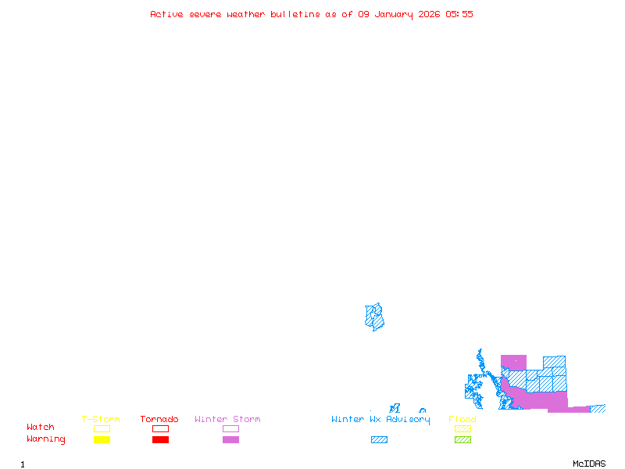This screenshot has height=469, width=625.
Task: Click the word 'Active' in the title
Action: point(166,14)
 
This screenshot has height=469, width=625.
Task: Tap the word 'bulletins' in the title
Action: point(295,14)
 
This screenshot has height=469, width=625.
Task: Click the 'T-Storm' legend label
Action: point(101,420)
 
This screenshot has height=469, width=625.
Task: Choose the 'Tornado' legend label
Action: point(159,420)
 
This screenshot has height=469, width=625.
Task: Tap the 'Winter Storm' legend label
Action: point(227,420)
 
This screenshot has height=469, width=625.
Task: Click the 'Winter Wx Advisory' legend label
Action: point(380,420)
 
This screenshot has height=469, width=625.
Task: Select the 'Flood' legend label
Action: point(462,420)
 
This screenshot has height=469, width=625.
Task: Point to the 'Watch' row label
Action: point(41,428)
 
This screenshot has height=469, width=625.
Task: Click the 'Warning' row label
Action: point(46,439)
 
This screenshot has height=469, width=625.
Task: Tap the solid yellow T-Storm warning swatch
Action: point(102,440)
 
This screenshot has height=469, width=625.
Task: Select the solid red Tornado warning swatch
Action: point(160,440)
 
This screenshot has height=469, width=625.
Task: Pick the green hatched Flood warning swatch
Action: point(462,440)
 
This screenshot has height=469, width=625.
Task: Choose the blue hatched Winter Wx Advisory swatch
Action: point(379,440)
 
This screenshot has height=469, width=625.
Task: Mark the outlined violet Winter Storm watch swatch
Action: point(230,428)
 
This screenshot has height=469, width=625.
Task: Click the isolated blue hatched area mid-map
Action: point(375,317)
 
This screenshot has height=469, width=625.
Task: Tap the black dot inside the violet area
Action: point(515,360)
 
